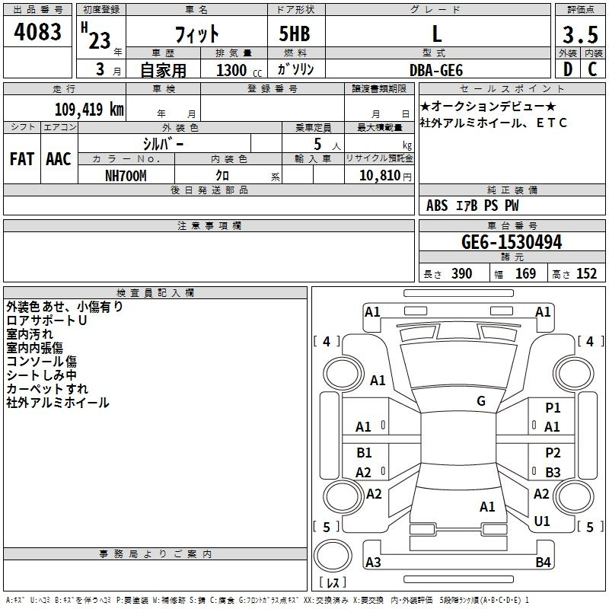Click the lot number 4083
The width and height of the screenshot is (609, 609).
[37, 31]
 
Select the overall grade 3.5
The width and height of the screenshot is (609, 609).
[580, 34]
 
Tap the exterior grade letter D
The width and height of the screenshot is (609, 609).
[568, 69]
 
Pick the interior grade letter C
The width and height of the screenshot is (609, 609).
[592, 69]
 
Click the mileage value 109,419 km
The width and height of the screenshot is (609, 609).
[89, 110]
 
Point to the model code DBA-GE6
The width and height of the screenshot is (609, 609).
[436, 70]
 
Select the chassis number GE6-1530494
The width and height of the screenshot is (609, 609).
[512, 242]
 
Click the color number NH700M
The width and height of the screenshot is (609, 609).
[126, 176]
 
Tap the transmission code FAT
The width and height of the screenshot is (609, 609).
[22, 159]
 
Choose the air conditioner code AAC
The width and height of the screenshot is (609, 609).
[59, 159]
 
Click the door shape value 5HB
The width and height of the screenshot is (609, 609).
[295, 33]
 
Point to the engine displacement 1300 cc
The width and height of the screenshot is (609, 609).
[239, 71]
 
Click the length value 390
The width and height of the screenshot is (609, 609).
[461, 274]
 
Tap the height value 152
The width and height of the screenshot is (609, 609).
[586, 274]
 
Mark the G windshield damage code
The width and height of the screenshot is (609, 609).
[481, 401]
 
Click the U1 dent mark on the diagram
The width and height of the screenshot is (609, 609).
[542, 521]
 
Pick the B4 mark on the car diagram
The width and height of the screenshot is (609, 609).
[543, 562]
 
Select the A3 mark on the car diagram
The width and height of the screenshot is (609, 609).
[373, 562]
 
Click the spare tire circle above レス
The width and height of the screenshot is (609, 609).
[333, 555]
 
